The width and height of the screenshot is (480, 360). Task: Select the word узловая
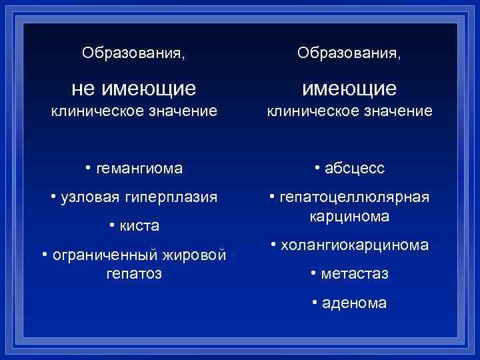point(88,198)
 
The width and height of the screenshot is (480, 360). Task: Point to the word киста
point(139,227)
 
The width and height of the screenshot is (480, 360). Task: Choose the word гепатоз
point(134,273)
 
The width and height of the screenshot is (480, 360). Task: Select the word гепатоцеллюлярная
point(354,198)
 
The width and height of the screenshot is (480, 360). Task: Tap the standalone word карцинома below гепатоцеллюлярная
point(349,217)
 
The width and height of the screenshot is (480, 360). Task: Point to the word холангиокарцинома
point(354,245)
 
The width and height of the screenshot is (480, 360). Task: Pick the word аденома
point(354,303)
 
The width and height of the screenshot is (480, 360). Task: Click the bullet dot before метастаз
point(313,273)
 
